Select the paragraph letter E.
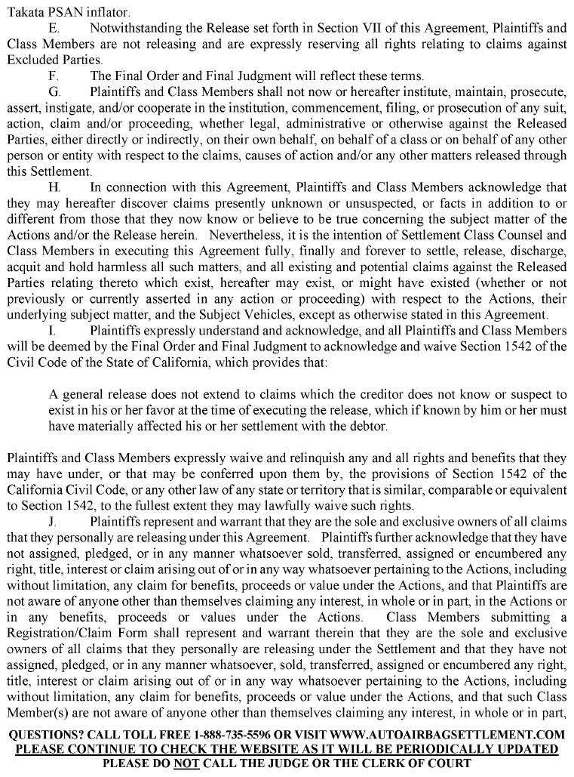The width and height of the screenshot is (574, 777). pos(54,29)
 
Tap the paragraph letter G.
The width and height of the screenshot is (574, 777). pos(54,92)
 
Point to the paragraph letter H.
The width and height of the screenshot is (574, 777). pos(54,187)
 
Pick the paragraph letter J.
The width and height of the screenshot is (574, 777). pos(53,521)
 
